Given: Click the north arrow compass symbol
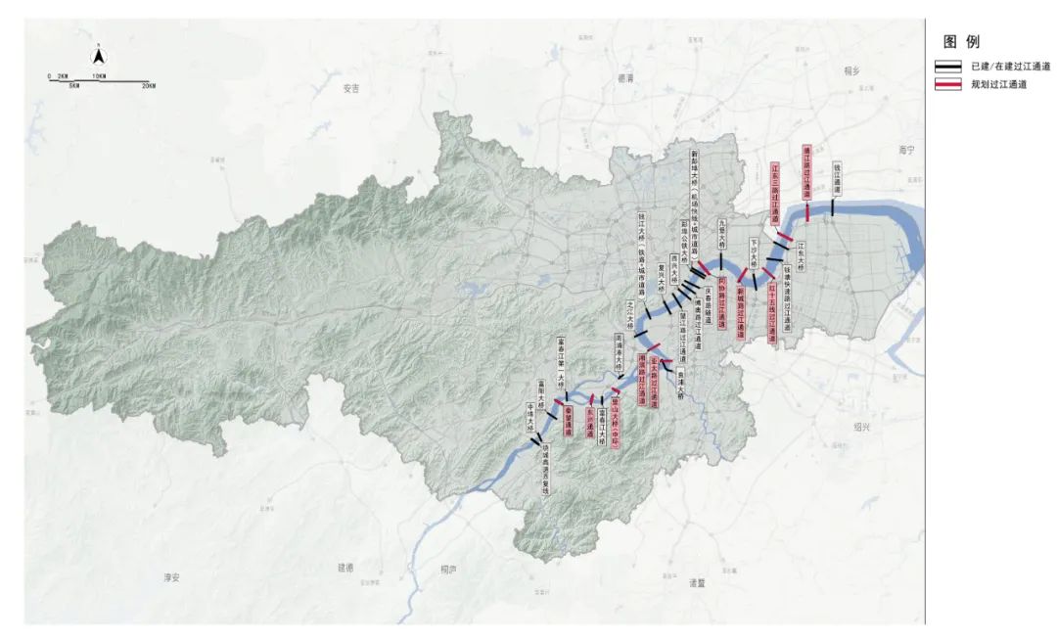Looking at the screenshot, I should click(99, 56).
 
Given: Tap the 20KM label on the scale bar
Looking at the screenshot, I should click(148, 86).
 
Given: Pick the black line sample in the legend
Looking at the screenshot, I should click(947, 67).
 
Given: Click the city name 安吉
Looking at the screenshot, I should click(350, 88).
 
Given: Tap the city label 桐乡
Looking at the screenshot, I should click(849, 71).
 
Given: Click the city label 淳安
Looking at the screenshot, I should click(173, 577).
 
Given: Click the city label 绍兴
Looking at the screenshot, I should click(861, 427).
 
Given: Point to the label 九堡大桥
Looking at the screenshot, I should click(723, 236).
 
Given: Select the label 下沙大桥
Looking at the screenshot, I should click(755, 250).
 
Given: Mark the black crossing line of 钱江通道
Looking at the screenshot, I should click(832, 208).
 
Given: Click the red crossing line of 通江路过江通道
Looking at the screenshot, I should click(807, 212).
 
